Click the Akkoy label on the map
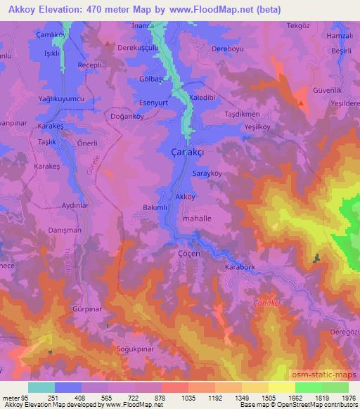tap(185, 197)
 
